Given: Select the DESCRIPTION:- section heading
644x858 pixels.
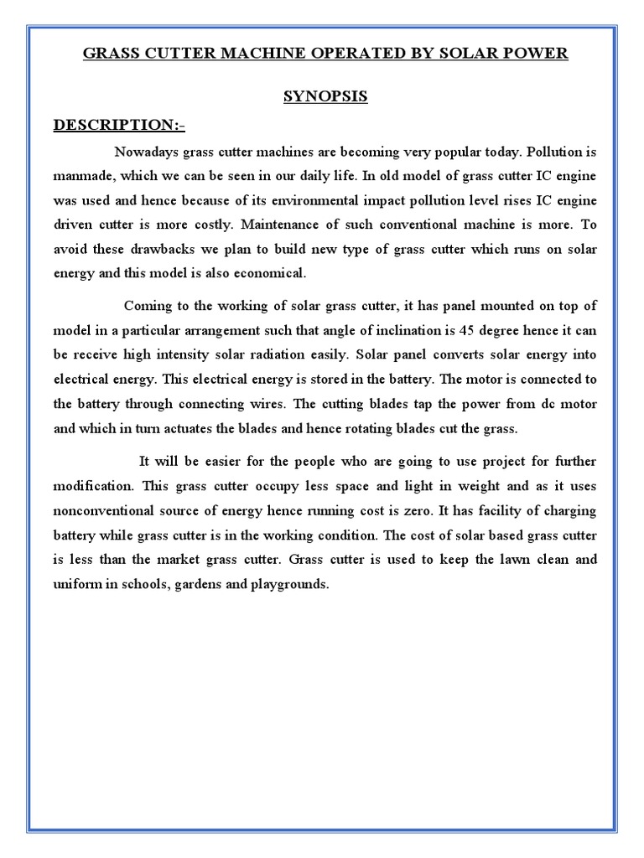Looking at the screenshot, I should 119,126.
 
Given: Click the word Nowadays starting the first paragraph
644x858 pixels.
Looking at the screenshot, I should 143,153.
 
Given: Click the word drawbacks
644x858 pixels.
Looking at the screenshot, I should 160,251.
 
